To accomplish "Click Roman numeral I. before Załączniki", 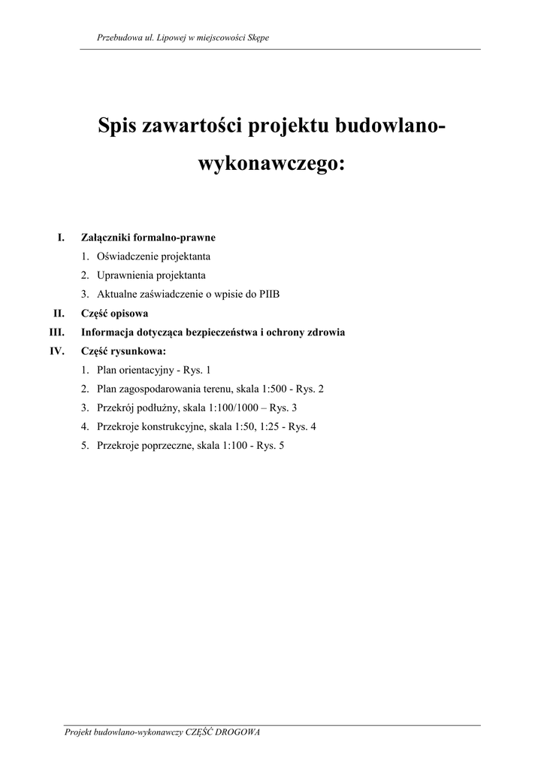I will click(x=62, y=238).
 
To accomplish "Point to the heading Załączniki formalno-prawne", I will click(x=148, y=238).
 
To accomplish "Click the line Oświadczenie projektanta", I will click(x=153, y=256).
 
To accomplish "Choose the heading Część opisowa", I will click(x=115, y=313).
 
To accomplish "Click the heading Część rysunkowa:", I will click(x=123, y=350).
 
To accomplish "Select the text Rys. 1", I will click(x=198, y=370).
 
